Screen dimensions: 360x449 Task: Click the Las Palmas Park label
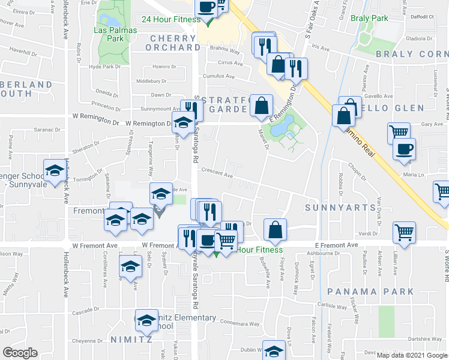[109, 34]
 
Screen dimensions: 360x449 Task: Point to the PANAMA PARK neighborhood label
[370, 292]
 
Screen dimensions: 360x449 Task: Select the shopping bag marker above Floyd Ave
[275, 229]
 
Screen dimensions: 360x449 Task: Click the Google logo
[20, 352]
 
